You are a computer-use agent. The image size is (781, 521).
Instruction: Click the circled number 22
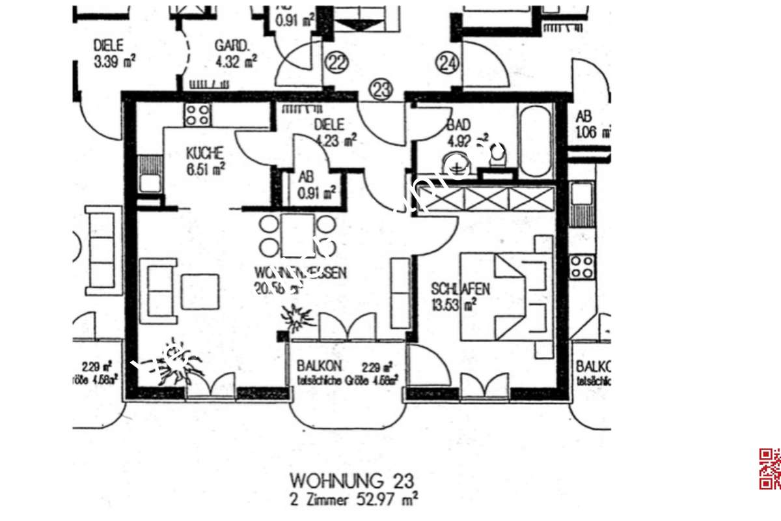[337, 63]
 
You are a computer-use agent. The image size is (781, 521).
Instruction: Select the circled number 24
[448, 63]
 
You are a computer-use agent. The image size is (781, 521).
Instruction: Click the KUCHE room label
[205, 154]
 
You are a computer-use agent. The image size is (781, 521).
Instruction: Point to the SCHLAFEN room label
[461, 289]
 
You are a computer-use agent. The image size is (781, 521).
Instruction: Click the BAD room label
[459, 124]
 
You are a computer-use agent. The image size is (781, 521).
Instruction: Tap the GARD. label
[232, 46]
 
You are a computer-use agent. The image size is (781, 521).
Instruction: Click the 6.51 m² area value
[206, 169]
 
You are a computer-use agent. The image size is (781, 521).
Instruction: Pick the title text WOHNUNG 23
[351, 481]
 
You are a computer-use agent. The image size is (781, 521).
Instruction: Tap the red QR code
[770, 469]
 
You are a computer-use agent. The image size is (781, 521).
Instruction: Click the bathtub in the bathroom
[535, 139]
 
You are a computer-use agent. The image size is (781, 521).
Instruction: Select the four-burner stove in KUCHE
[197, 115]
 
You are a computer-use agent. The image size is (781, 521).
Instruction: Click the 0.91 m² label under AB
[316, 192]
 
